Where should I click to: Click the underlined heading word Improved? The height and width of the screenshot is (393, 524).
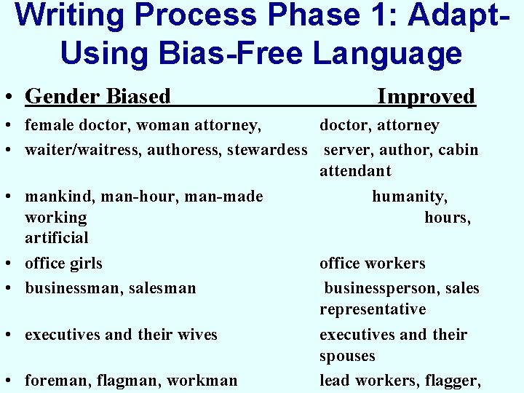(426, 96)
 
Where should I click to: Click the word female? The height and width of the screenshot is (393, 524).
(48, 126)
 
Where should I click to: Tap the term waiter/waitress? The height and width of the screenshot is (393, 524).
(84, 150)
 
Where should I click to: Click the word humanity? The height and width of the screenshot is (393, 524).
(409, 196)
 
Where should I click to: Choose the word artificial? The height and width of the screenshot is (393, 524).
(57, 238)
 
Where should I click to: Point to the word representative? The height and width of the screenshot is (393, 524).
(373, 309)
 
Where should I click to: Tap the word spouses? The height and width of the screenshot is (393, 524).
(347, 356)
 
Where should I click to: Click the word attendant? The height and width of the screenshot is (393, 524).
(355, 171)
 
